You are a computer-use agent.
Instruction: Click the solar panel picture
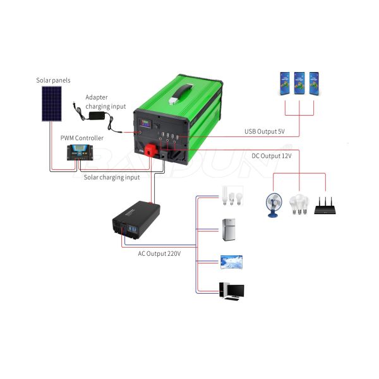tap(51, 104)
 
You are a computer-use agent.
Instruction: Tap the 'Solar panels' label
tap(52, 81)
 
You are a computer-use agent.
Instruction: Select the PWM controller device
tap(79, 152)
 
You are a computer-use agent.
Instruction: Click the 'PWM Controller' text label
tap(81, 138)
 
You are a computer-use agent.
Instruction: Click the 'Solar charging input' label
tap(112, 177)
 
